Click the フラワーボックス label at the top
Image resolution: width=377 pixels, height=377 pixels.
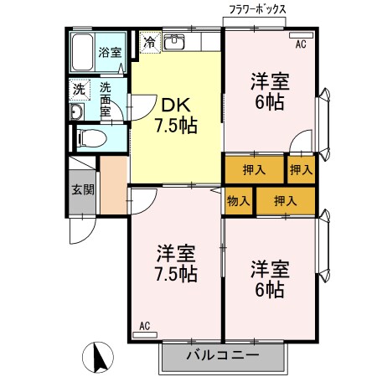[x=258, y=9]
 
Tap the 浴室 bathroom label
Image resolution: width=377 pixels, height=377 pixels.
[x=110, y=51]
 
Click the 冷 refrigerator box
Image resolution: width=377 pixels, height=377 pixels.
[x=149, y=40]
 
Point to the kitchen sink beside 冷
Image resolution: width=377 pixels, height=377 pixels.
[x=176, y=41]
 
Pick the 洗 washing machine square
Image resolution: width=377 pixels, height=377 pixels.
[x=78, y=88]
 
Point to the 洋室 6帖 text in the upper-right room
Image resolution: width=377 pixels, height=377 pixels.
[x=269, y=91]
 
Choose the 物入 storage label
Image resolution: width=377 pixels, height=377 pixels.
[x=237, y=200]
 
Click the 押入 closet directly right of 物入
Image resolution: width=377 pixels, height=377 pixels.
[x=287, y=200]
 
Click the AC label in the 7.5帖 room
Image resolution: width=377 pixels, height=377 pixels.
[x=144, y=325]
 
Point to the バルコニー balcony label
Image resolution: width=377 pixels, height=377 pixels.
[x=224, y=354]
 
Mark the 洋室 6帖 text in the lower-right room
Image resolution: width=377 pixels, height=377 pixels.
[x=269, y=279]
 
